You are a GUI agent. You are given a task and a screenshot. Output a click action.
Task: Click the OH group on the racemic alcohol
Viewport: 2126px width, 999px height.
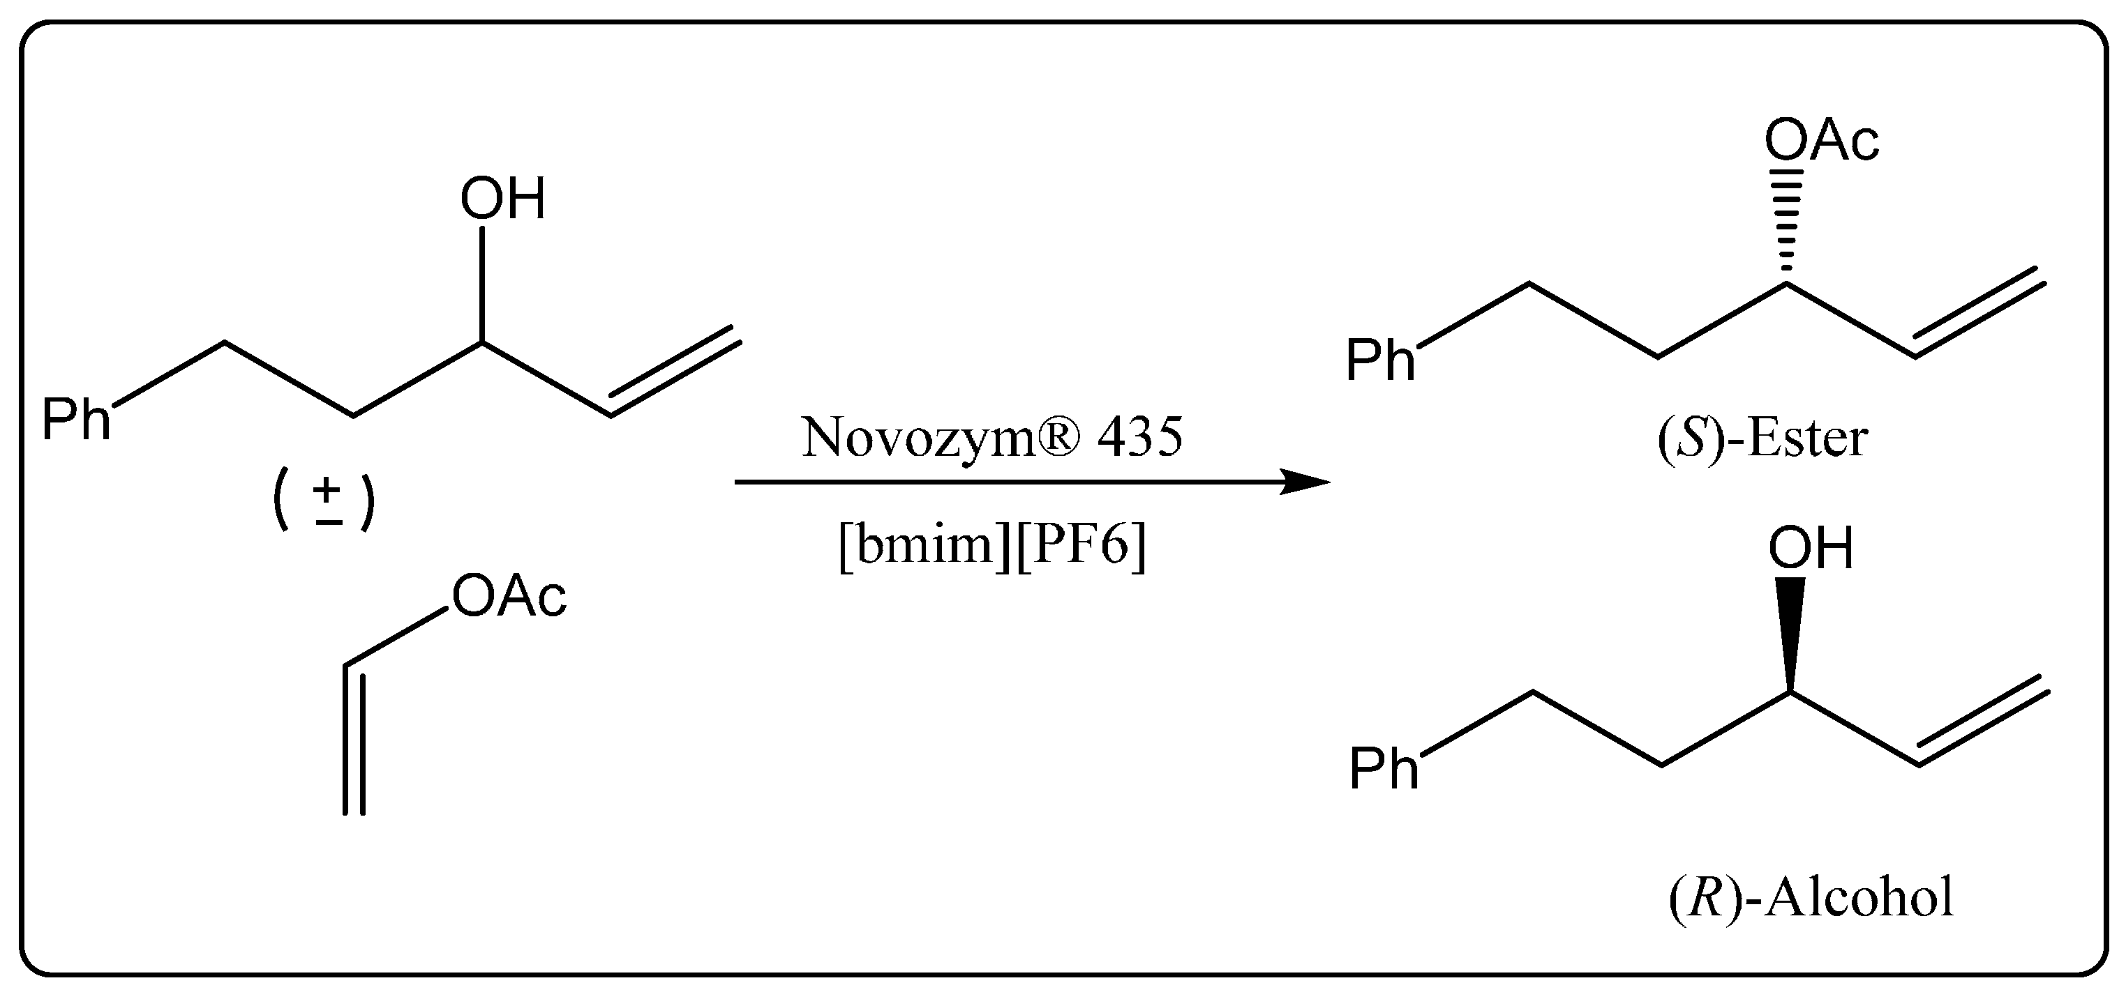click(x=502, y=199)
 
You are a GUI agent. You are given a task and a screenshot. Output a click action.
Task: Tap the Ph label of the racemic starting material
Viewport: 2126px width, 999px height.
click(x=76, y=420)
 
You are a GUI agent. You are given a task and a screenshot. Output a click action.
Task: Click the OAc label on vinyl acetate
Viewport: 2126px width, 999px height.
click(x=509, y=597)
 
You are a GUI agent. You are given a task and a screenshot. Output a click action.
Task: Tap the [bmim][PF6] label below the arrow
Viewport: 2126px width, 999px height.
click(x=992, y=545)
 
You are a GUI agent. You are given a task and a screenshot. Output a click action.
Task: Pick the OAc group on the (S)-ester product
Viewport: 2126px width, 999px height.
click(x=1822, y=141)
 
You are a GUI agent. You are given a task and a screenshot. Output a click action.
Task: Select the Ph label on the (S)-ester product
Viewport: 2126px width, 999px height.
click(x=1380, y=360)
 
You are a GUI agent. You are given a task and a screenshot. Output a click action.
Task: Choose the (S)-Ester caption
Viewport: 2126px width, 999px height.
click(x=1762, y=439)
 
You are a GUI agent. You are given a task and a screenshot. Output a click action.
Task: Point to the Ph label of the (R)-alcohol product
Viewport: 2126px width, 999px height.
click(x=1383, y=769)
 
